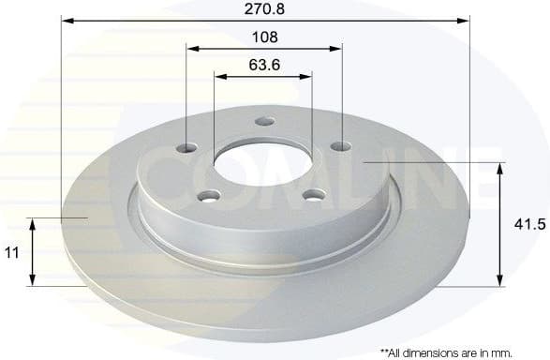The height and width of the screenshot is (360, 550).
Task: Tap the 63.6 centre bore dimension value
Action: coord(263,66)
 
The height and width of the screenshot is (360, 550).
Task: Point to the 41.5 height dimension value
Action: coord(527,226)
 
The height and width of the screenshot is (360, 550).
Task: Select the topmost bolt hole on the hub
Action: coord(264,121)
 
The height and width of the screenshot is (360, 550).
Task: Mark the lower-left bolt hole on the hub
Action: coord(211,195)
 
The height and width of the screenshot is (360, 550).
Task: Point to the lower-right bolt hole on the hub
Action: coord(314,194)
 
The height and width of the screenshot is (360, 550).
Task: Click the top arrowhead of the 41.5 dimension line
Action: coord(499,168)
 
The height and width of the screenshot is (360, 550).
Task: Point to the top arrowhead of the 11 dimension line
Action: coord(33,224)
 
